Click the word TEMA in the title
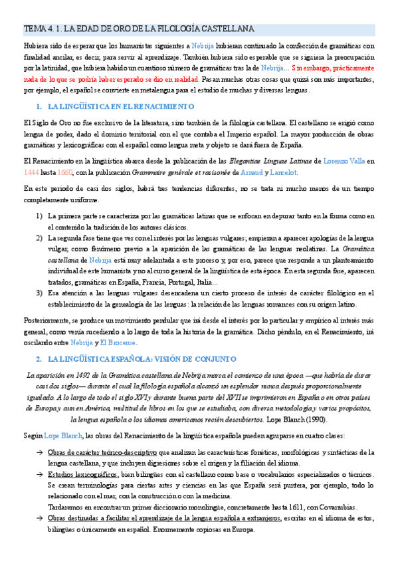(33, 29)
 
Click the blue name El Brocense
(118, 343)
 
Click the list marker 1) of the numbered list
(39, 216)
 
